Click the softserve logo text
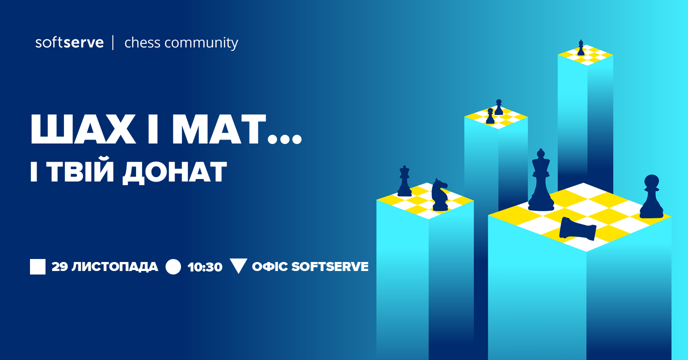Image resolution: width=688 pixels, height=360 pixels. click(x=69, y=42)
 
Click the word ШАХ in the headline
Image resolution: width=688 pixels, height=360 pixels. click(x=83, y=129)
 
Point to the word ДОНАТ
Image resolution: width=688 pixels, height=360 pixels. click(x=175, y=172)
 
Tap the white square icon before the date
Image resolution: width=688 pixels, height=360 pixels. click(x=38, y=266)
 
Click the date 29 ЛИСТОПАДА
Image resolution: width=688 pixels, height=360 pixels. click(x=104, y=266)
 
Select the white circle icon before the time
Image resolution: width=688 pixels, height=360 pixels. click(x=173, y=266)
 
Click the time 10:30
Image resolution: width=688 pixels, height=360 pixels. click(x=205, y=267)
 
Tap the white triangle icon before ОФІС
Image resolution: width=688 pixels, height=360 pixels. click(x=238, y=266)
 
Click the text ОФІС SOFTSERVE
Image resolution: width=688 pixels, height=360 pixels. click(x=310, y=266)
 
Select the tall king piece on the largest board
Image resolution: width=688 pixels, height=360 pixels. click(x=541, y=180)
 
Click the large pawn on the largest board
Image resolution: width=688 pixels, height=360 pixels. click(x=651, y=196)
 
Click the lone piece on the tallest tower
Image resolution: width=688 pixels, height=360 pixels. click(x=581, y=47)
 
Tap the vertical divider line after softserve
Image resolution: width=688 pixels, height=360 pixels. click(x=113, y=42)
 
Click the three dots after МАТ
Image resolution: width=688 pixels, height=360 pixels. click(x=284, y=139)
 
